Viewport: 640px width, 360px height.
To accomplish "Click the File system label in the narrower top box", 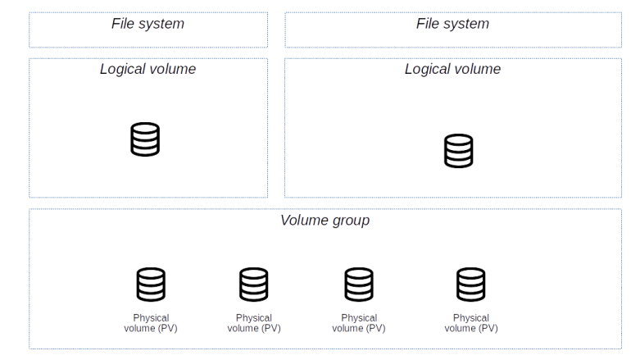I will tap(148, 24).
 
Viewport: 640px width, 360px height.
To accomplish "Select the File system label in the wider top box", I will tap(452, 24).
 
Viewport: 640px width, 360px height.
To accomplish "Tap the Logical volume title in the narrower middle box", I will tap(148, 69).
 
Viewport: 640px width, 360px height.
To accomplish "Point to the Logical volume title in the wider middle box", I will tap(452, 69).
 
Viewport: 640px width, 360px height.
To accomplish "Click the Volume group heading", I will tap(325, 220).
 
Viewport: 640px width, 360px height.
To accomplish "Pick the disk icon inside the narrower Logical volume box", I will tap(145, 139).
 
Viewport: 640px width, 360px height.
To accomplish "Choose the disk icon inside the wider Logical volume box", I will tap(458, 151).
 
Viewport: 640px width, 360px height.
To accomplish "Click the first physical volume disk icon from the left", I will tap(151, 285).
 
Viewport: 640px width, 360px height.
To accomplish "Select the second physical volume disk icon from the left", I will tap(254, 285).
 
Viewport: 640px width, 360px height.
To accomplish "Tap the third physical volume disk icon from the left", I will tap(359, 285).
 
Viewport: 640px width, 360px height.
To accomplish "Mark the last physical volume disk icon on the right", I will tap(471, 285).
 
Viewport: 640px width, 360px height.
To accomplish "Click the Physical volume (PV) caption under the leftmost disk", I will tap(151, 323).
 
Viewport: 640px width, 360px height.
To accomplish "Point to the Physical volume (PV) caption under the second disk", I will tap(254, 323).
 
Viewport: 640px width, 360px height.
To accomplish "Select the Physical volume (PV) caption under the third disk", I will tap(359, 323).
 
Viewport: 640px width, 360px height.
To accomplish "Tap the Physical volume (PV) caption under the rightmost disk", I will tap(471, 323).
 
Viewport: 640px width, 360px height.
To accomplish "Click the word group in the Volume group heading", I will tap(351, 221).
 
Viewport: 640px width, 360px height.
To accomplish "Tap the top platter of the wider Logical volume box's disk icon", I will tap(458, 139).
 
